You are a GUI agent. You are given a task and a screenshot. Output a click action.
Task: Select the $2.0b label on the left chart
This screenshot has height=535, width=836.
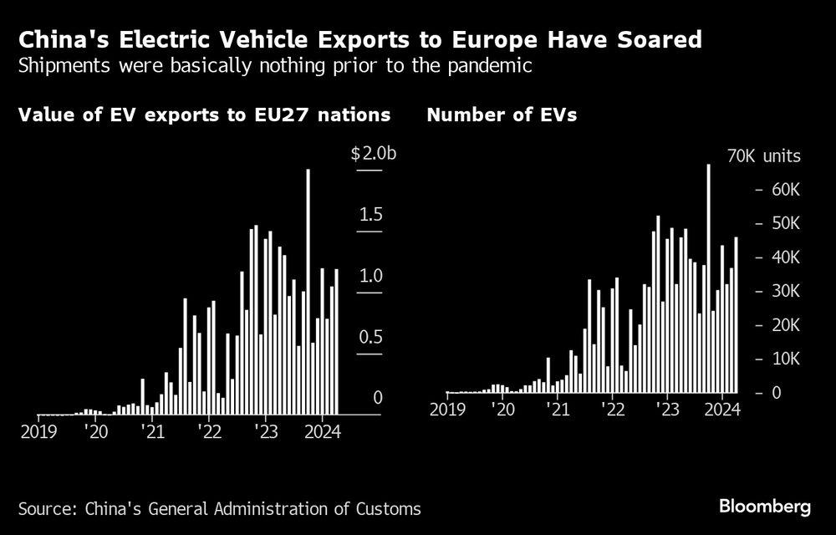pyautogui.click(x=366, y=155)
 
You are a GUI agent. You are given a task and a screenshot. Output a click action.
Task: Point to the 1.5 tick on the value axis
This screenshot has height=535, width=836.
pyautogui.click(x=370, y=216)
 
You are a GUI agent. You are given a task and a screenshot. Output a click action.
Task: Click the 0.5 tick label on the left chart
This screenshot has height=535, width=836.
pyautogui.click(x=370, y=338)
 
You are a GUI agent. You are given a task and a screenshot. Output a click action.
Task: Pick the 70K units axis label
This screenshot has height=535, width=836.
pyautogui.click(x=763, y=156)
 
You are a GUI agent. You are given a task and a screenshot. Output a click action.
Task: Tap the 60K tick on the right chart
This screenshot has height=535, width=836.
pyautogui.click(x=784, y=190)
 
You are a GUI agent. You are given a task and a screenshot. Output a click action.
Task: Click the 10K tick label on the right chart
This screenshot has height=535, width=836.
pyautogui.click(x=784, y=359)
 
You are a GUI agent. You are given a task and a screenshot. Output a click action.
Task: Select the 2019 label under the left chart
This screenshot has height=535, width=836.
pyautogui.click(x=39, y=431)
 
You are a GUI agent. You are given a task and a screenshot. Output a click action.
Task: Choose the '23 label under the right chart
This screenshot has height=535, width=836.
pyautogui.click(x=668, y=410)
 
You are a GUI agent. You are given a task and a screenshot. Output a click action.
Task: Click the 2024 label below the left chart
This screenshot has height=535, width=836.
pyautogui.click(x=320, y=431)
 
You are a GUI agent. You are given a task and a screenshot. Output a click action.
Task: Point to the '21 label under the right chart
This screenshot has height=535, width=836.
pyautogui.click(x=558, y=410)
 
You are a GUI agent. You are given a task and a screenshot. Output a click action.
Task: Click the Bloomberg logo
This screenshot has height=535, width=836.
pyautogui.click(x=765, y=507)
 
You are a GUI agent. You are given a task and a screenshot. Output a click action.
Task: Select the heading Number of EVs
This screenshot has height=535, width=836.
pyautogui.click(x=502, y=115)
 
